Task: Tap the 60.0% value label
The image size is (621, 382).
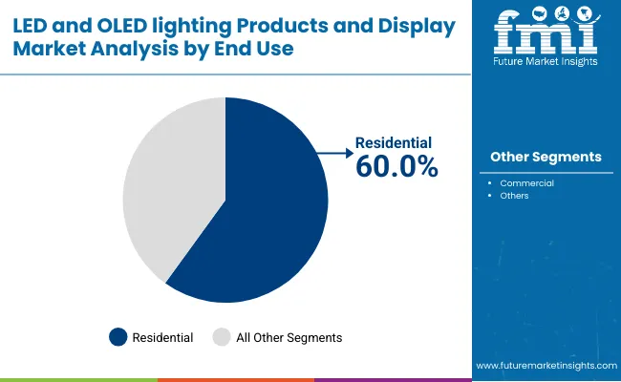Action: (x=396, y=166)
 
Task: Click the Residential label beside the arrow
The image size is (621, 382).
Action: (x=395, y=142)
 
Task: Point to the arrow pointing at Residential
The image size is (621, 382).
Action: (x=334, y=151)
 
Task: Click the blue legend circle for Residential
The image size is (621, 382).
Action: (x=118, y=337)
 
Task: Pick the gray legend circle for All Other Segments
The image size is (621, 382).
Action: (x=221, y=337)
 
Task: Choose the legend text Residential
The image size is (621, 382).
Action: (x=162, y=337)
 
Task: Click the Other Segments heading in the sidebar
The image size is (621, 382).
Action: (x=546, y=157)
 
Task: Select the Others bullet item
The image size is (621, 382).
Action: (x=514, y=196)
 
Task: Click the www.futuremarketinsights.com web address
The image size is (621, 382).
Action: (x=545, y=366)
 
